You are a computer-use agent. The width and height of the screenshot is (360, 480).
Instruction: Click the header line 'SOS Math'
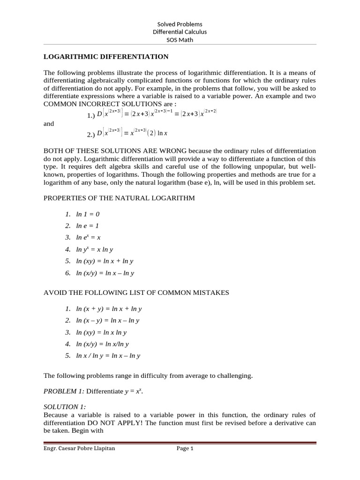pos(180,40)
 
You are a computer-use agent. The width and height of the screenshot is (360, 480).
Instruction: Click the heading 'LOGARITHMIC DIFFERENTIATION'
pos(106,57)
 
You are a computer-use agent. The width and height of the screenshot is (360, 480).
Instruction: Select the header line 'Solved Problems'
pos(180,24)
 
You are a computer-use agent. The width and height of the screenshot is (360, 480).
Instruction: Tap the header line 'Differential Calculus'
pos(180,32)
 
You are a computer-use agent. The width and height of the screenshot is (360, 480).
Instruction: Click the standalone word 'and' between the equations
pos(49,124)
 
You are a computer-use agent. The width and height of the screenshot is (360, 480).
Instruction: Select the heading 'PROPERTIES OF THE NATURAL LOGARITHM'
pos(119,198)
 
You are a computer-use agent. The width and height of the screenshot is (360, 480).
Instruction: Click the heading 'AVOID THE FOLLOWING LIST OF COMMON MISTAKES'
pos(136,292)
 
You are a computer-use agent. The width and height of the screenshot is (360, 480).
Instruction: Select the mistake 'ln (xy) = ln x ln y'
pos(101,332)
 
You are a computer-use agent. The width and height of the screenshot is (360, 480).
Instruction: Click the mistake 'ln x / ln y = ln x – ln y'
pos(108,356)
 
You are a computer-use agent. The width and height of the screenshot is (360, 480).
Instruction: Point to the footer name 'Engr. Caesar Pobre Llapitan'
pos(79,449)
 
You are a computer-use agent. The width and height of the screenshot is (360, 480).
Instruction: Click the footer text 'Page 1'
pos(185,449)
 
